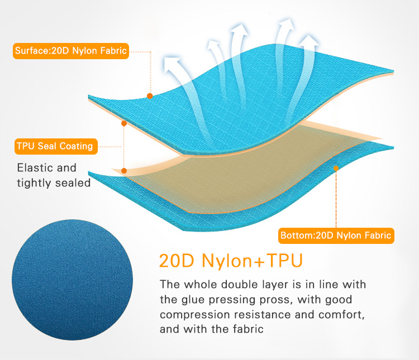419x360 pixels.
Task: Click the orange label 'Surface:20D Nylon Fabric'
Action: coord(71,52)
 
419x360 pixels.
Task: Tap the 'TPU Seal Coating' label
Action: coord(55,147)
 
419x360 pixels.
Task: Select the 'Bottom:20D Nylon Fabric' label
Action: coord(336,236)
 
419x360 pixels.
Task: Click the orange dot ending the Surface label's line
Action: coord(150,96)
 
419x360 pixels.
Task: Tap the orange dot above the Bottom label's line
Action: coord(336,167)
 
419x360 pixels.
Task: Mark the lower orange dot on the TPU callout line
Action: coord(124,171)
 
